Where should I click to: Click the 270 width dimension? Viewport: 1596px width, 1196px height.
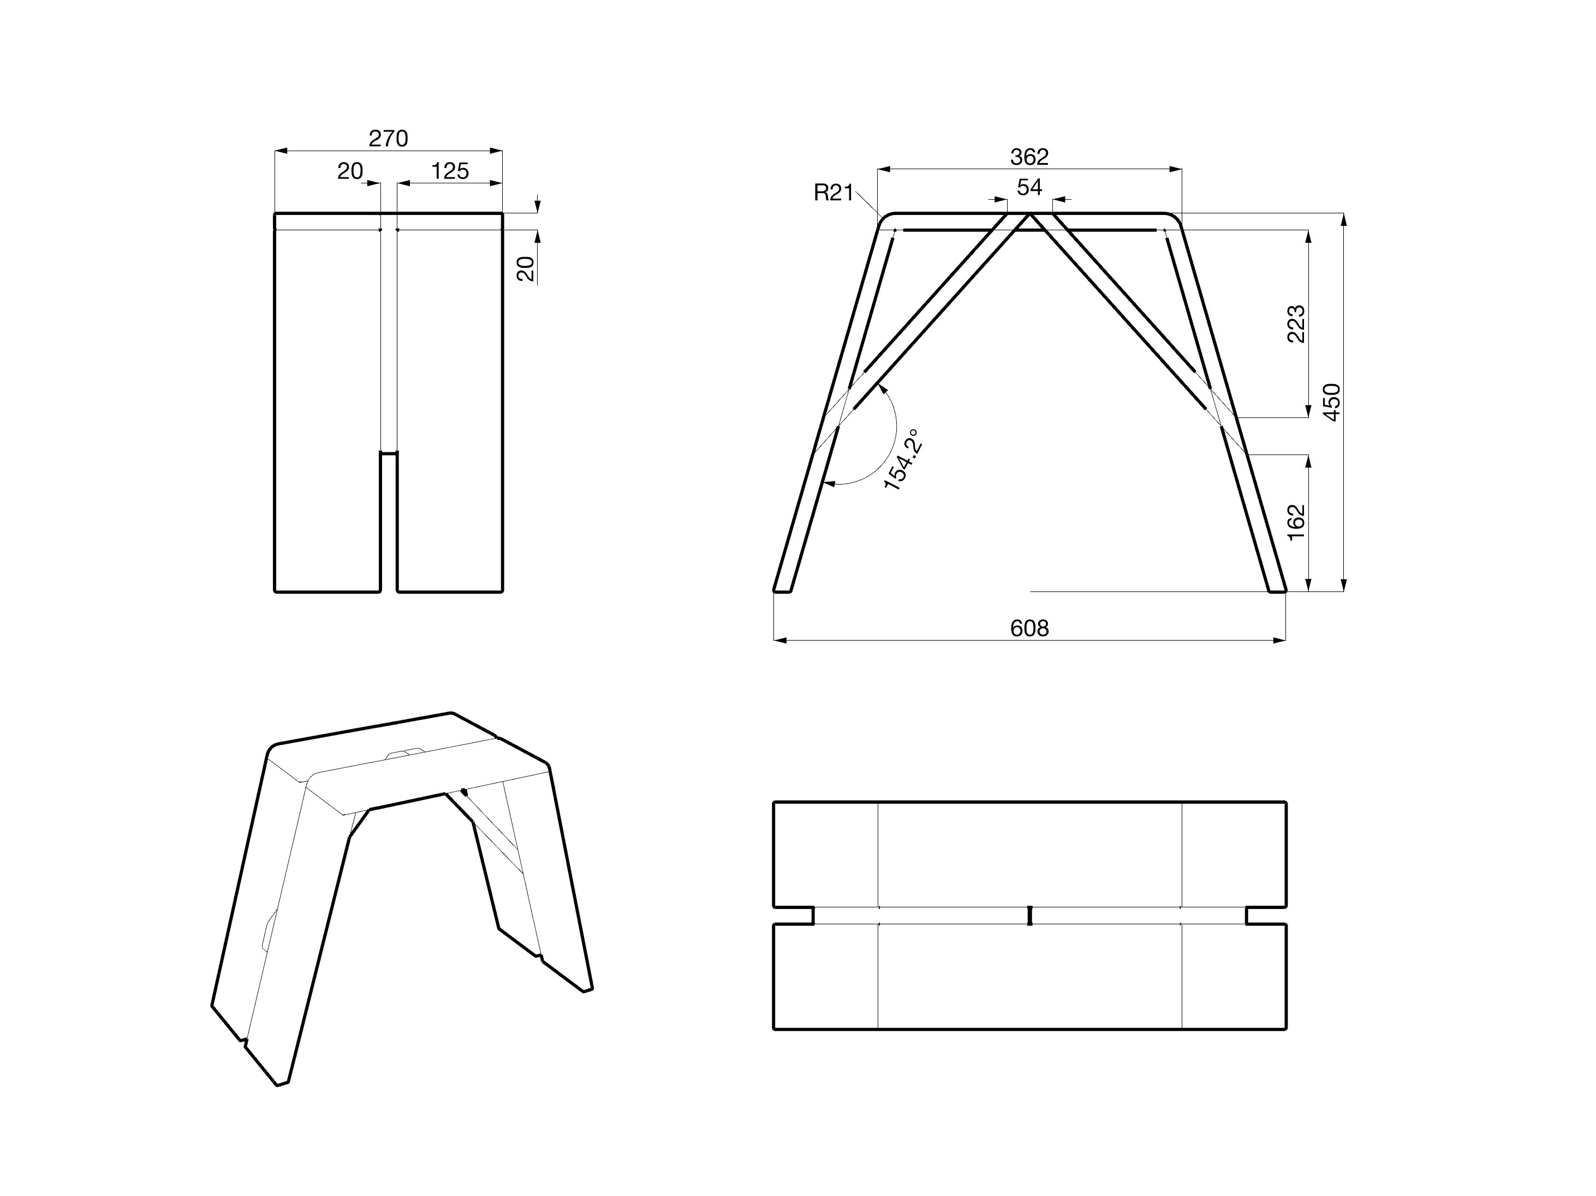pyautogui.click(x=388, y=138)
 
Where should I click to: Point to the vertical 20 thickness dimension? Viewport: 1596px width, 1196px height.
pyautogui.click(x=527, y=268)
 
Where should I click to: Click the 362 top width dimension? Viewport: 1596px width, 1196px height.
pyautogui.click(x=1029, y=157)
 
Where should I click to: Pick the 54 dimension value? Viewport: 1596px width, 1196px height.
pyautogui.click(x=1029, y=188)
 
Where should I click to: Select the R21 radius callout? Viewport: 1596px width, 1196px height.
pyautogui.click(x=833, y=193)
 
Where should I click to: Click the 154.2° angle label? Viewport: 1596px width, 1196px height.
pyautogui.click(x=903, y=459)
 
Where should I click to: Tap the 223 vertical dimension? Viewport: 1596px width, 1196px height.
pyautogui.click(x=1296, y=324)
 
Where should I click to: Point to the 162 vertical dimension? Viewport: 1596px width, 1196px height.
pyautogui.click(x=1296, y=522)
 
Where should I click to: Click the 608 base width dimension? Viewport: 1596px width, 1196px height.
pyautogui.click(x=1029, y=629)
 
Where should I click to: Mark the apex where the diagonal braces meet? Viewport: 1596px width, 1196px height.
pyautogui.click(x=1029, y=214)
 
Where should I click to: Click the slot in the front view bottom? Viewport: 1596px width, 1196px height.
pyautogui.click(x=389, y=523)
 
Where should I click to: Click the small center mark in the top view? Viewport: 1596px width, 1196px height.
pyautogui.click(x=1029, y=916)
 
